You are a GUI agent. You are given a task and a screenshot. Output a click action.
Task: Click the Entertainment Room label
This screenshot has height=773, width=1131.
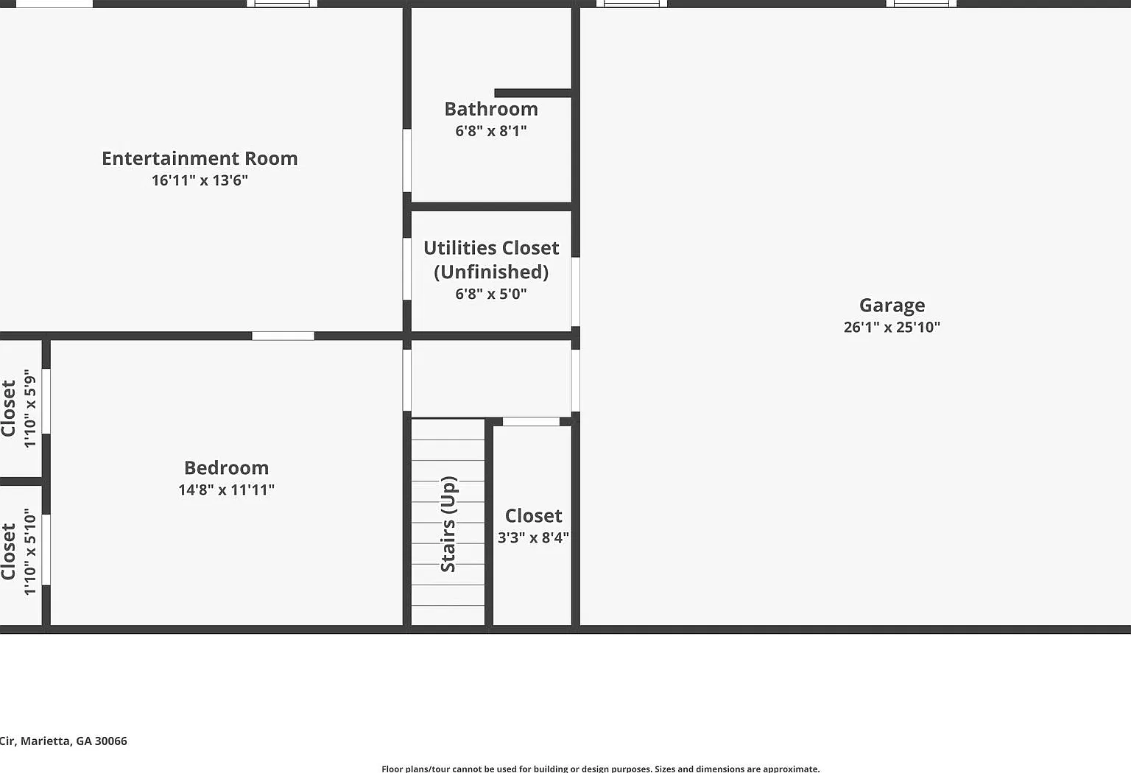tap(200, 158)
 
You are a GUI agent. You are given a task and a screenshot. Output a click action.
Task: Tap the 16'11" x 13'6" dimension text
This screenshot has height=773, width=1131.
tap(200, 180)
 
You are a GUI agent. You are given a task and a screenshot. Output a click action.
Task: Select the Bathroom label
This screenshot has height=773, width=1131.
tap(491, 109)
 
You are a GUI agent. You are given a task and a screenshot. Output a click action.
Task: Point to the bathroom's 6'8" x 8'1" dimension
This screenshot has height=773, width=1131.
tap(491, 131)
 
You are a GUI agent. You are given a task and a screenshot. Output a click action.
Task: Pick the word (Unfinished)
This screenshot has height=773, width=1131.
tap(491, 272)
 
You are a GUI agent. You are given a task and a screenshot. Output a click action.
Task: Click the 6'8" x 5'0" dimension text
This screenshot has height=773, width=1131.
tap(491, 294)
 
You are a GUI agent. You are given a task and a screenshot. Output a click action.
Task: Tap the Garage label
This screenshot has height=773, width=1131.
tap(892, 306)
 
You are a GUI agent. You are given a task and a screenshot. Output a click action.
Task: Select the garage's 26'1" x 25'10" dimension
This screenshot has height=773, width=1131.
tap(892, 327)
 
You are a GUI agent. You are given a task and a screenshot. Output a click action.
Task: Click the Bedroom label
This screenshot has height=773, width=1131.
tap(226, 468)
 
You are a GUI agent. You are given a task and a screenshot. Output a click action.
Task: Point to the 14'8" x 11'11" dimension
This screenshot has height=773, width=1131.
tap(226, 490)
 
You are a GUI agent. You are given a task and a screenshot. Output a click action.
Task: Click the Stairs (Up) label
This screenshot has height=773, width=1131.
tap(448, 524)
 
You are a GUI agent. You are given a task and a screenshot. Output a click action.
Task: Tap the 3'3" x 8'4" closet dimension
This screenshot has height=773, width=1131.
tap(533, 537)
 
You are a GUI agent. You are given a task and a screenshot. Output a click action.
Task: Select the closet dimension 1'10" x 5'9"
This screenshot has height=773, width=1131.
tap(30, 408)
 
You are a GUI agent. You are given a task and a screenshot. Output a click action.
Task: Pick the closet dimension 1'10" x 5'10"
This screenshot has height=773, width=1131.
tap(30, 551)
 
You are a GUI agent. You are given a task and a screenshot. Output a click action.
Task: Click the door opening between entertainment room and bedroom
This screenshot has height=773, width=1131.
tap(283, 336)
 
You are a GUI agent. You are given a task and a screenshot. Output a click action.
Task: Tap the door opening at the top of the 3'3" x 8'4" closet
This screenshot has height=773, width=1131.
tap(531, 422)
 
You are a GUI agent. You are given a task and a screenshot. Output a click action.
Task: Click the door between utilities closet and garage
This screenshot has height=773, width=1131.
tap(576, 292)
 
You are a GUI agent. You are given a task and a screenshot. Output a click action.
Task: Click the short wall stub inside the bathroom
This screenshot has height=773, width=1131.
tap(533, 93)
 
